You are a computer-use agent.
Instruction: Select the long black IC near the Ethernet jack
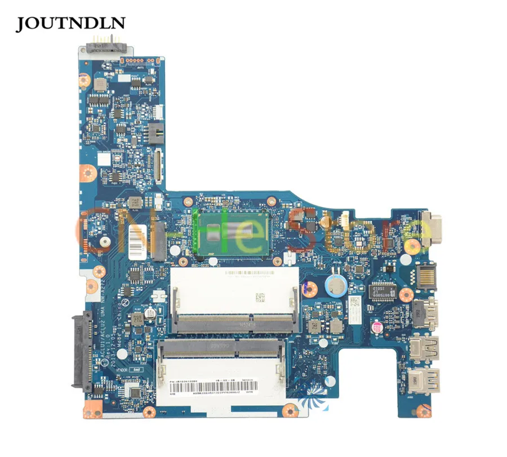coord(385,289)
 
